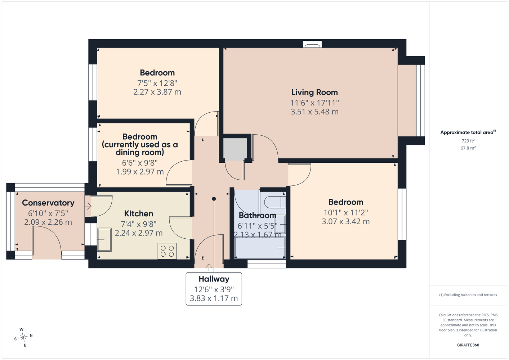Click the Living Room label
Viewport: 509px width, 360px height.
pos(314,93)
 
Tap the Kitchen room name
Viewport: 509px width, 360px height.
pos(139,214)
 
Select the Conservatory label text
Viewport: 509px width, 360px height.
pos(48,203)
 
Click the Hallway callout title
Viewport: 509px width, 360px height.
pos(214,279)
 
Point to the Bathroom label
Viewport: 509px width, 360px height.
pos(258,215)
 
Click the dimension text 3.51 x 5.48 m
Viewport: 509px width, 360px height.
pos(314,112)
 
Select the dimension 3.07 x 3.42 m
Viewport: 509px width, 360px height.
pos(345,221)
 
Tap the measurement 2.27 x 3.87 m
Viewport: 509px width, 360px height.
pos(157,92)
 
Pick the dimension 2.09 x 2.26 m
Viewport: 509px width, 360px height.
pos(48,222)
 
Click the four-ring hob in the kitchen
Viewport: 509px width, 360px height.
pos(167,251)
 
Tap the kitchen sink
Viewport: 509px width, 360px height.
pos(104,240)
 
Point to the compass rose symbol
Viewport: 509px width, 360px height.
pos(23,337)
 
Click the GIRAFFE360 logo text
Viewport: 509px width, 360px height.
pos(468,345)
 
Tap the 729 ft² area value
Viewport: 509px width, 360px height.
pos(468,141)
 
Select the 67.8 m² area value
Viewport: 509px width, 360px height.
pos(468,148)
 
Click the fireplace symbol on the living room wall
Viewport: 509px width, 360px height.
pos(312,44)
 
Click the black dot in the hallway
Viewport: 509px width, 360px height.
pos(214,199)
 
